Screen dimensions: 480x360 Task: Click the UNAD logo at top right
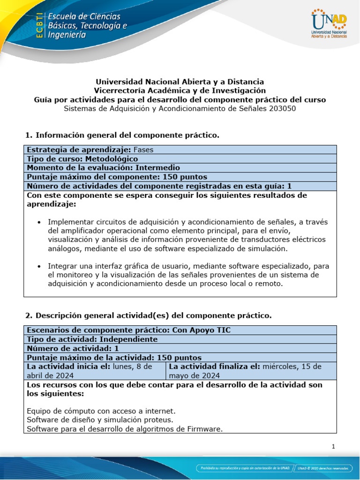pyautogui.click(x=329, y=24)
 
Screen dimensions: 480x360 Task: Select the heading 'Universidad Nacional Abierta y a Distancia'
pyautogui.click(x=180, y=82)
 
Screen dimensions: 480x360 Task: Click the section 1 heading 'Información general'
pyautogui.click(x=127, y=135)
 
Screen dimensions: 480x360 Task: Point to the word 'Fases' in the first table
pyautogui.click(x=143, y=150)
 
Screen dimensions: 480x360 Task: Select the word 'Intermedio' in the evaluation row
pyautogui.click(x=157, y=168)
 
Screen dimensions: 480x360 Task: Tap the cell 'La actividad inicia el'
pyautogui.click(x=94, y=370)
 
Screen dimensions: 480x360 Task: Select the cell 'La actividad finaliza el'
pyautogui.click(x=251, y=370)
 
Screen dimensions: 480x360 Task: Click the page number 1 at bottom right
pyautogui.click(x=333, y=447)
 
